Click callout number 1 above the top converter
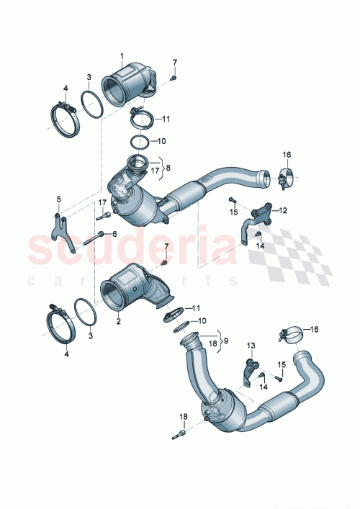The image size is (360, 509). [x=122, y=56]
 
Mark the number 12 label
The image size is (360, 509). [x=283, y=211]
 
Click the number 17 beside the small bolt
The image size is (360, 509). [x=102, y=202]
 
